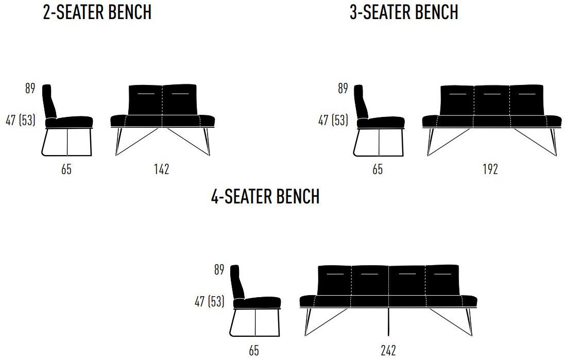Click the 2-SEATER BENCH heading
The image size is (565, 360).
[x=97, y=12]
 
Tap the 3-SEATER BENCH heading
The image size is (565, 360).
[x=404, y=12]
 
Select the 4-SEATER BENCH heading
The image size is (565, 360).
[x=265, y=196]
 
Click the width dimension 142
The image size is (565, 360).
[x=161, y=169]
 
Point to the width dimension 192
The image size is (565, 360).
[x=490, y=169]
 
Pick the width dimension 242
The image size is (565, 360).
[x=388, y=350]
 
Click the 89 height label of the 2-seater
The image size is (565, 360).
[x=30, y=88]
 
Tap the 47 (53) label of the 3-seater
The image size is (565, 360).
[x=333, y=121]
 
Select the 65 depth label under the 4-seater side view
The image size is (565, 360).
[x=254, y=350]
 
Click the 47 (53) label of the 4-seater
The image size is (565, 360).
[x=209, y=301]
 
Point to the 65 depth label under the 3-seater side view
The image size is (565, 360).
[x=377, y=169]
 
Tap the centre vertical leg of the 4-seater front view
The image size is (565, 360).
[x=388, y=322]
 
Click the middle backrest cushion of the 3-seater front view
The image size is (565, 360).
[x=492, y=101]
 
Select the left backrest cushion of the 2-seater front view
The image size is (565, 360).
[x=146, y=100]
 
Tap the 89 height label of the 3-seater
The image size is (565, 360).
[x=343, y=88]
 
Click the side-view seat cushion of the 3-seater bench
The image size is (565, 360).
[x=381, y=122]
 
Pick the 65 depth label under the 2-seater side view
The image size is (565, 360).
[x=66, y=169]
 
